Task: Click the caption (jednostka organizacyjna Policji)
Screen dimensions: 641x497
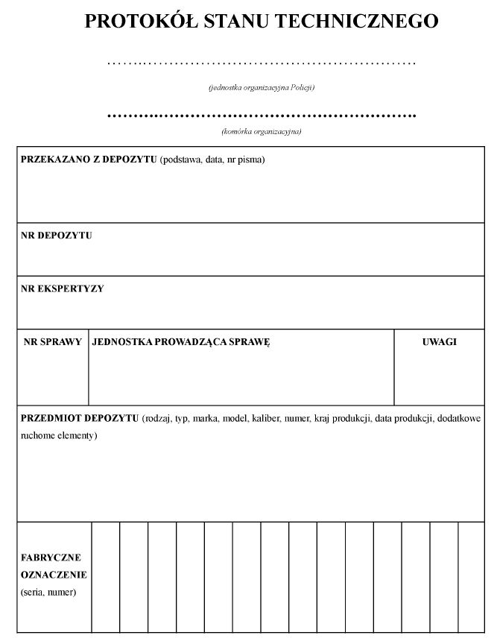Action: (261, 88)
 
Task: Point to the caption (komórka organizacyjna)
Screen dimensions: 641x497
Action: (261, 132)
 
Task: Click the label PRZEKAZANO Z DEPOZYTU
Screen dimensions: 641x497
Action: (89, 160)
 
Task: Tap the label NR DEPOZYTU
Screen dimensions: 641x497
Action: (57, 236)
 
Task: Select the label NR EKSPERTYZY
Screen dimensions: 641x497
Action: (63, 288)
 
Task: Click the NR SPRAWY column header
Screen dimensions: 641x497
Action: (53, 342)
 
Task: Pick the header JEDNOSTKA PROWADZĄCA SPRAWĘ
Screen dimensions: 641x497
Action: (181, 342)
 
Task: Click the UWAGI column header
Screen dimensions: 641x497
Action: (440, 342)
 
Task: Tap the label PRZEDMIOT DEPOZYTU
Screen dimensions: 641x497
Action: (80, 418)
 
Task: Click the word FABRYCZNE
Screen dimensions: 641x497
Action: (51, 558)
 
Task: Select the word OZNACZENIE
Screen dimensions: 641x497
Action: (54, 575)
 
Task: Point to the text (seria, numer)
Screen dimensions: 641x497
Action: (48, 593)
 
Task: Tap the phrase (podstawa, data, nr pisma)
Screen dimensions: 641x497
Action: (212, 160)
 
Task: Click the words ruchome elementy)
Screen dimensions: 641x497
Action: (59, 435)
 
